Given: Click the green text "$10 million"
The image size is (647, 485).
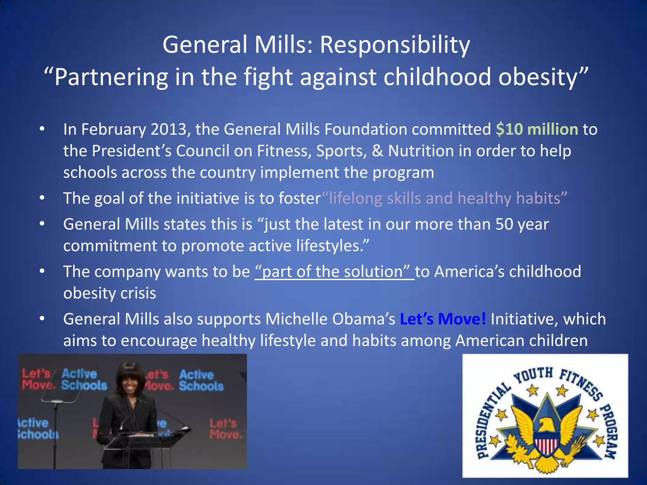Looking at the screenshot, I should tap(537, 129).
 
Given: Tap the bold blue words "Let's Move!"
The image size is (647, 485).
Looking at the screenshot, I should tap(443, 319).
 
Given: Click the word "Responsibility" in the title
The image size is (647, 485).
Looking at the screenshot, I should tap(395, 45).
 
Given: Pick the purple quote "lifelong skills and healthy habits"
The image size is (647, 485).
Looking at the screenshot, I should tap(444, 198).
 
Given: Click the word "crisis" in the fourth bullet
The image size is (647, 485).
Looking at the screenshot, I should tap(140, 293).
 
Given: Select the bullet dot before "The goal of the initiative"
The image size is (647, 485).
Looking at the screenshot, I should tap(42, 198).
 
